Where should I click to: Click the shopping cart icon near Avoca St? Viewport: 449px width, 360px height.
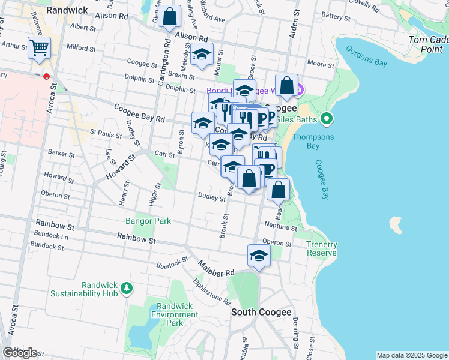[39, 47]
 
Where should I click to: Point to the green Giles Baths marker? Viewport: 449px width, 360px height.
[326, 119]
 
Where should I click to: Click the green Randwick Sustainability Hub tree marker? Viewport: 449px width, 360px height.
[126, 289]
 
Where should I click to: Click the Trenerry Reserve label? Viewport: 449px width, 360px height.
[321, 248]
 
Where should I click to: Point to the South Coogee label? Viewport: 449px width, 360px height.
[262, 312]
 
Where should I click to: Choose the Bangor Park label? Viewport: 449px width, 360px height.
[148, 221]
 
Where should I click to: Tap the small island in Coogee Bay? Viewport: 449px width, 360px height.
[395, 225]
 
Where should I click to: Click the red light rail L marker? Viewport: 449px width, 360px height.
[46, 76]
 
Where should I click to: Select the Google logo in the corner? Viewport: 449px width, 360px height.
[20, 352]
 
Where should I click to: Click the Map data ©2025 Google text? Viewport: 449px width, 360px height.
[411, 355]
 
